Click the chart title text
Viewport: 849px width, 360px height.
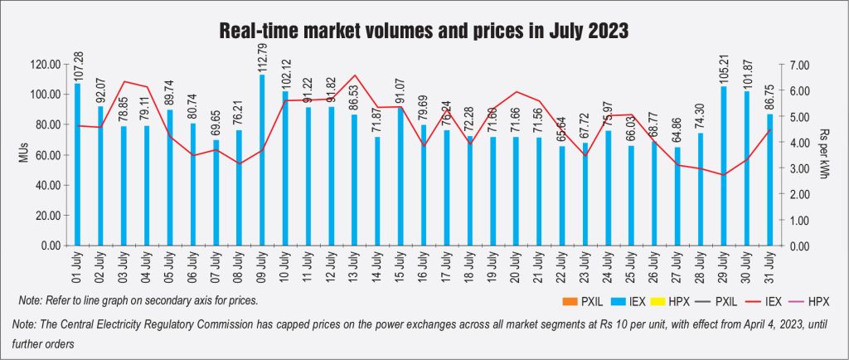tap(424, 32)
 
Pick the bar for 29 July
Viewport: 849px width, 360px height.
tap(724, 166)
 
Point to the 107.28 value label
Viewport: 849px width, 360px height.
tap(77, 64)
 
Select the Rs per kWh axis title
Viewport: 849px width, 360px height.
tap(822, 155)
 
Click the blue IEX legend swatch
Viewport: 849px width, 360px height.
tap(609, 299)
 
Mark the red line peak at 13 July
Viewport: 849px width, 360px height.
tap(355, 75)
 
